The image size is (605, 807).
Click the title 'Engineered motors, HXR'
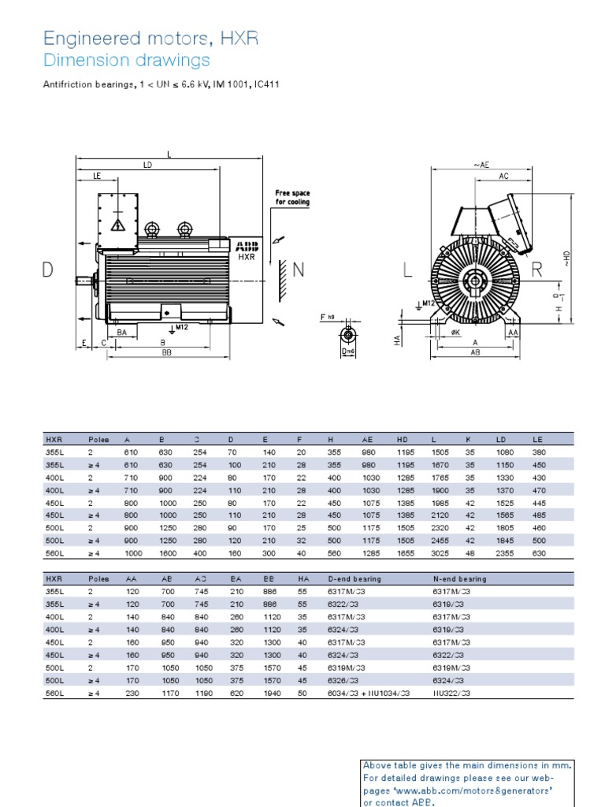(x=150, y=39)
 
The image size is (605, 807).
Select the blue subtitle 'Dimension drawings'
(x=126, y=61)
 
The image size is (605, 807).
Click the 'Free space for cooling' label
(x=291, y=197)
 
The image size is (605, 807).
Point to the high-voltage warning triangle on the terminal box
(x=119, y=225)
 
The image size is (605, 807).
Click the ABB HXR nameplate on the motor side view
(x=246, y=251)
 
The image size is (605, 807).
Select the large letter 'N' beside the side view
(x=298, y=270)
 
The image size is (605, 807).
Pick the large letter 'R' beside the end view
(x=537, y=270)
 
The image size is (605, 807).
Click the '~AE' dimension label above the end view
(x=481, y=165)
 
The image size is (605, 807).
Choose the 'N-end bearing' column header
(x=460, y=578)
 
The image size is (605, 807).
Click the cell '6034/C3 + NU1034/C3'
(x=369, y=693)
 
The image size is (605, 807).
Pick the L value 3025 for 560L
(x=440, y=554)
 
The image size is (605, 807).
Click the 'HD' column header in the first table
(x=402, y=440)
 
